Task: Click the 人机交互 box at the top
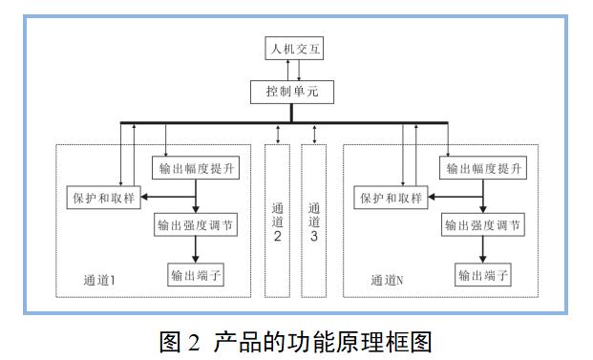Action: pyautogui.click(x=293, y=49)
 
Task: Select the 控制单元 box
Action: pyautogui.click(x=293, y=93)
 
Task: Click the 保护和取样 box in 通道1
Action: pyautogui.click(x=103, y=199)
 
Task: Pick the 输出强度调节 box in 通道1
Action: pyautogui.click(x=195, y=226)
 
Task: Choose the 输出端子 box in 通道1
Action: pyautogui.click(x=195, y=275)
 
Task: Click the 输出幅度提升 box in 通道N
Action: pyautogui.click(x=483, y=168)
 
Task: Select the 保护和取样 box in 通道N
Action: pyautogui.click(x=391, y=199)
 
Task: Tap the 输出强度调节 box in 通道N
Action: pyautogui.click(x=483, y=226)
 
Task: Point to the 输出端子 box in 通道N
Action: pyautogui.click(x=483, y=275)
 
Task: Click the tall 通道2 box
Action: pyautogui.click(x=277, y=220)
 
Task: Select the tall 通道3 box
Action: pyautogui.click(x=313, y=220)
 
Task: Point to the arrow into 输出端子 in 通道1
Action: pyautogui.click(x=195, y=249)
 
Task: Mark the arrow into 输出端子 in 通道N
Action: pyautogui.click(x=482, y=249)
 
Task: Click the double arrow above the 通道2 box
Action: pyautogui.click(x=278, y=134)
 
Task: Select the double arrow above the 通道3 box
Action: pyautogui.click(x=314, y=134)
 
